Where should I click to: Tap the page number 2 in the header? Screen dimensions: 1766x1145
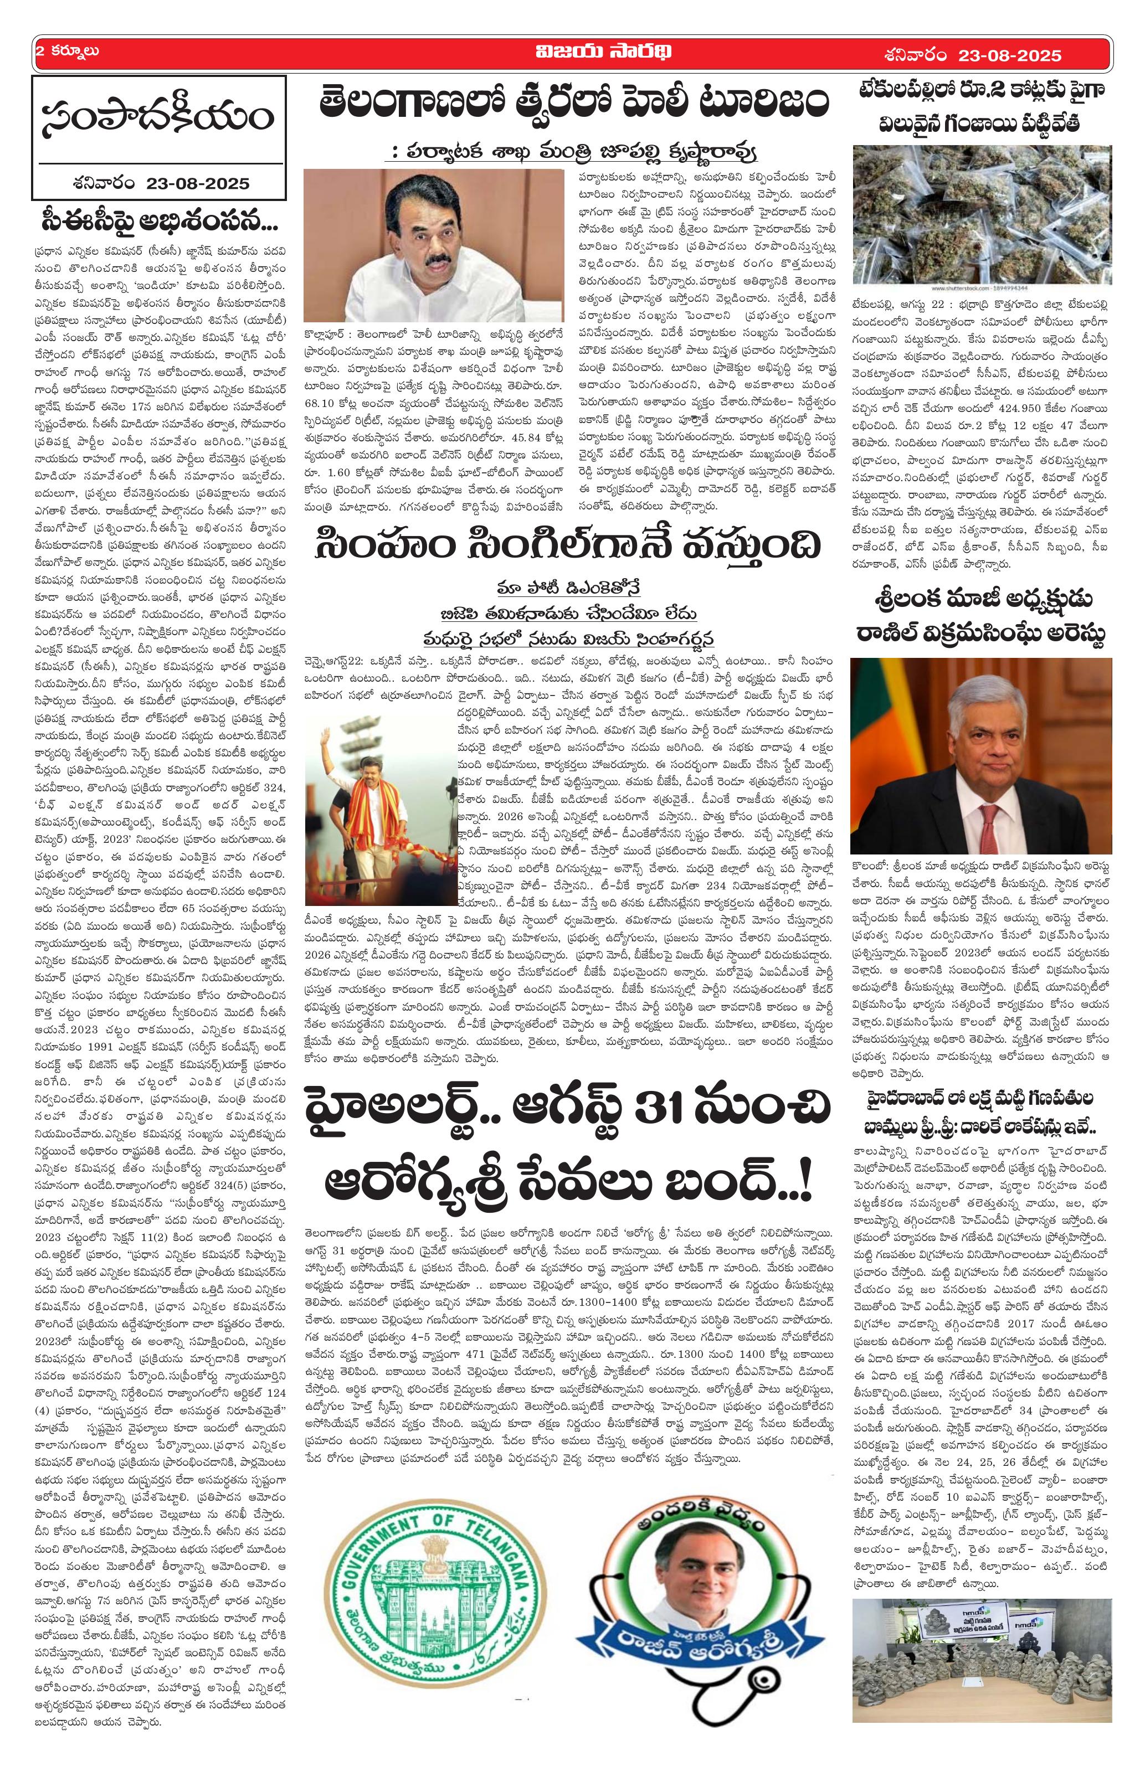pyautogui.click(x=39, y=53)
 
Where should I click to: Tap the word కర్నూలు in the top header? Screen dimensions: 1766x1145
pyautogui.click(x=74, y=53)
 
